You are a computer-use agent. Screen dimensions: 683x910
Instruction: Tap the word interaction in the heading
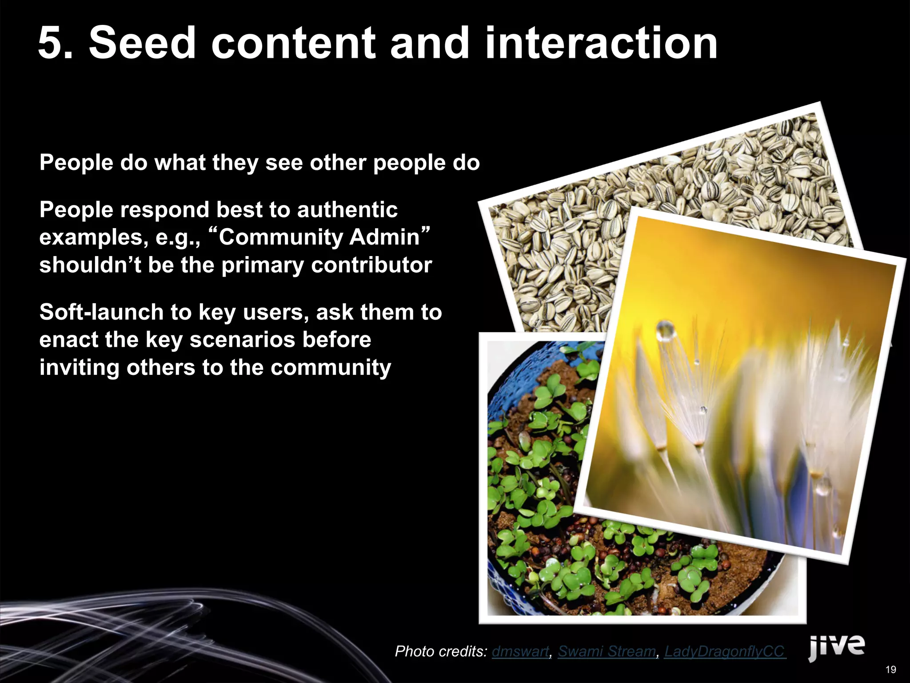pos(601,43)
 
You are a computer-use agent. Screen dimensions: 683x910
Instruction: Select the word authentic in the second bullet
pos(347,209)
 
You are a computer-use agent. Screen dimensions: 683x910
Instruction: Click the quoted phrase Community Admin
pos(319,237)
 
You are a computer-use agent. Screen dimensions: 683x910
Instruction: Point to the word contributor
pos(371,265)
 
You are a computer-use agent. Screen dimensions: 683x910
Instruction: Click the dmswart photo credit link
pos(520,651)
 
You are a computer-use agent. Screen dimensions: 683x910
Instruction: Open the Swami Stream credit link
pos(607,651)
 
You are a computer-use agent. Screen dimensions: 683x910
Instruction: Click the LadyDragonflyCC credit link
pos(725,651)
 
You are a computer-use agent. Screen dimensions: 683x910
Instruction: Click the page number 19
pos(890,670)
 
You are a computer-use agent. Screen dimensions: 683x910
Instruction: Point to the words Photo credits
pos(441,651)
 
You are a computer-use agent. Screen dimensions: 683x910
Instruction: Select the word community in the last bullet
pos(331,368)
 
